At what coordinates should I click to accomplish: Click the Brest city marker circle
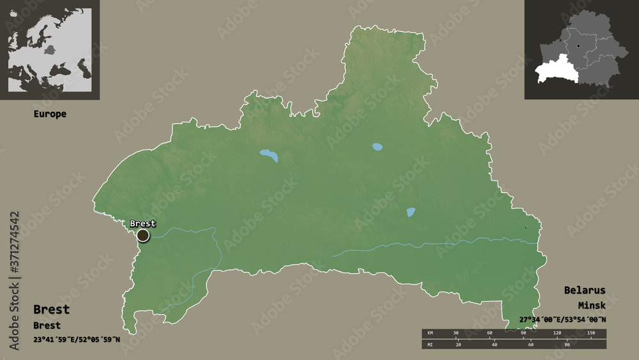142,235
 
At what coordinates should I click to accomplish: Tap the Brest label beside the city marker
142,223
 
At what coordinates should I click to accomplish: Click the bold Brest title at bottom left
51,309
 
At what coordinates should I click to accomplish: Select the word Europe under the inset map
50,114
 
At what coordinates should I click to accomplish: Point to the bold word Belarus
584,290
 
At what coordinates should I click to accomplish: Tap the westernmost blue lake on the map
269,155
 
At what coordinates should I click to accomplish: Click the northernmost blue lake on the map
378,146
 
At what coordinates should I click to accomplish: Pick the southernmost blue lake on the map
411,212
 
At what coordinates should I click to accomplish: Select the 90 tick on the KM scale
523,334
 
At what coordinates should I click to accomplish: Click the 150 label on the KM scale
590,334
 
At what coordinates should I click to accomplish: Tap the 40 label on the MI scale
494,345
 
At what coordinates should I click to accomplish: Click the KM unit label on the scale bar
429,334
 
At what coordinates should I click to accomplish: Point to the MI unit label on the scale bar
429,345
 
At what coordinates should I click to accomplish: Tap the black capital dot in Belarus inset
578,46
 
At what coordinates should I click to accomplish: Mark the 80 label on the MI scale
567,345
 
